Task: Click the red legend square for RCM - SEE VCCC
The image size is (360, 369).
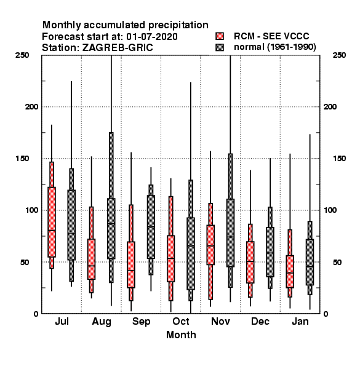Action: coord(220,36)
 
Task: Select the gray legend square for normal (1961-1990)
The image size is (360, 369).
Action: coord(220,47)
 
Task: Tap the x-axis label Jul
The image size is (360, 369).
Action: coord(62,322)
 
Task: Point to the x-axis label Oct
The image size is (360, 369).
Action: coord(181,322)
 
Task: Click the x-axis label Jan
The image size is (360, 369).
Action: coord(300,322)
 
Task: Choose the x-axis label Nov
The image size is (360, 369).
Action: coord(220,322)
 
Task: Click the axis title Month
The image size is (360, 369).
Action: coord(181,335)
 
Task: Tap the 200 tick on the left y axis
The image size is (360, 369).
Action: coord(31,107)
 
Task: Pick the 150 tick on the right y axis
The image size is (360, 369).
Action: coord(340,159)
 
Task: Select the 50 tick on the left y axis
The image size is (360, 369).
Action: coord(25,262)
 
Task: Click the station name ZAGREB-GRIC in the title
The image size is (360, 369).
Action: coord(118,48)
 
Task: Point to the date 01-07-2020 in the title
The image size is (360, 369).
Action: coord(152,37)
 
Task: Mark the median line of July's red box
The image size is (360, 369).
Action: coord(52,231)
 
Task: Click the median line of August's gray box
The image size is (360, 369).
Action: coord(111,224)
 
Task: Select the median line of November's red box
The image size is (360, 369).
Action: coord(210,246)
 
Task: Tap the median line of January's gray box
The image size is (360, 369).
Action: coord(310,267)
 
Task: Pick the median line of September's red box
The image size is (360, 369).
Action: coord(131,271)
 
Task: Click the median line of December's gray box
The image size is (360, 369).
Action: coord(270,253)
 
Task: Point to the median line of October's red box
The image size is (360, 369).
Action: coord(170,258)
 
